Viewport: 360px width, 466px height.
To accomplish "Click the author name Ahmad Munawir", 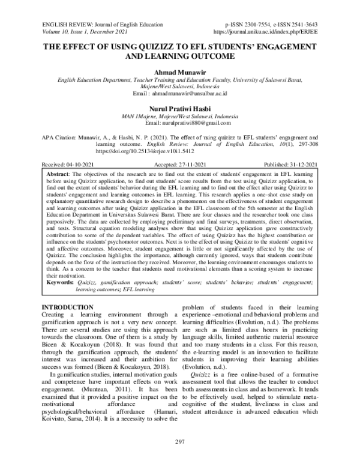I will tap(179, 71).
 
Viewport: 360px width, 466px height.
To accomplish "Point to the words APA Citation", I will tap(62, 138).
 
